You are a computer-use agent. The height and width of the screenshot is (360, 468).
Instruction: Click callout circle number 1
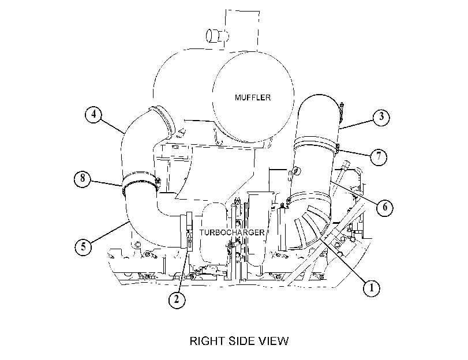[371, 288]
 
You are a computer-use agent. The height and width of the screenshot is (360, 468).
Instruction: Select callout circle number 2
[177, 299]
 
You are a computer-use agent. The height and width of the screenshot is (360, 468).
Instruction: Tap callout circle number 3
[381, 117]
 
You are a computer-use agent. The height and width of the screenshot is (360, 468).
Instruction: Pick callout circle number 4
[93, 114]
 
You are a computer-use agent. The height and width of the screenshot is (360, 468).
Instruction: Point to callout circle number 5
[83, 246]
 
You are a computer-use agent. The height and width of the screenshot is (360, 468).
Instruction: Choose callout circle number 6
[385, 207]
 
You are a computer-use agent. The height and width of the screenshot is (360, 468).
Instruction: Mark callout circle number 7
[379, 156]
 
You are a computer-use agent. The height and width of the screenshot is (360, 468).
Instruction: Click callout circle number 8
[83, 178]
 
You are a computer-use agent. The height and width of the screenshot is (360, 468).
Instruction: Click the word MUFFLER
[253, 97]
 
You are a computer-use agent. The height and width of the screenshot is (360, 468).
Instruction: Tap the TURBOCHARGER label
[232, 232]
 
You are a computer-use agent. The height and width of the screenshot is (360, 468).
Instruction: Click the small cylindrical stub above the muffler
[217, 36]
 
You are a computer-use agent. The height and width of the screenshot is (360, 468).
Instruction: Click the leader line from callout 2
[183, 272]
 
